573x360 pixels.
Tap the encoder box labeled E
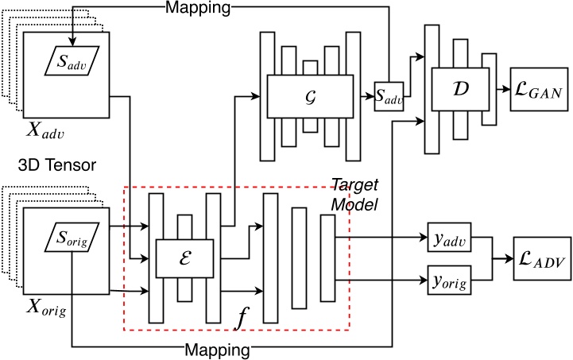(x=188, y=258)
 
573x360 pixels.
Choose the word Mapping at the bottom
(x=219, y=349)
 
